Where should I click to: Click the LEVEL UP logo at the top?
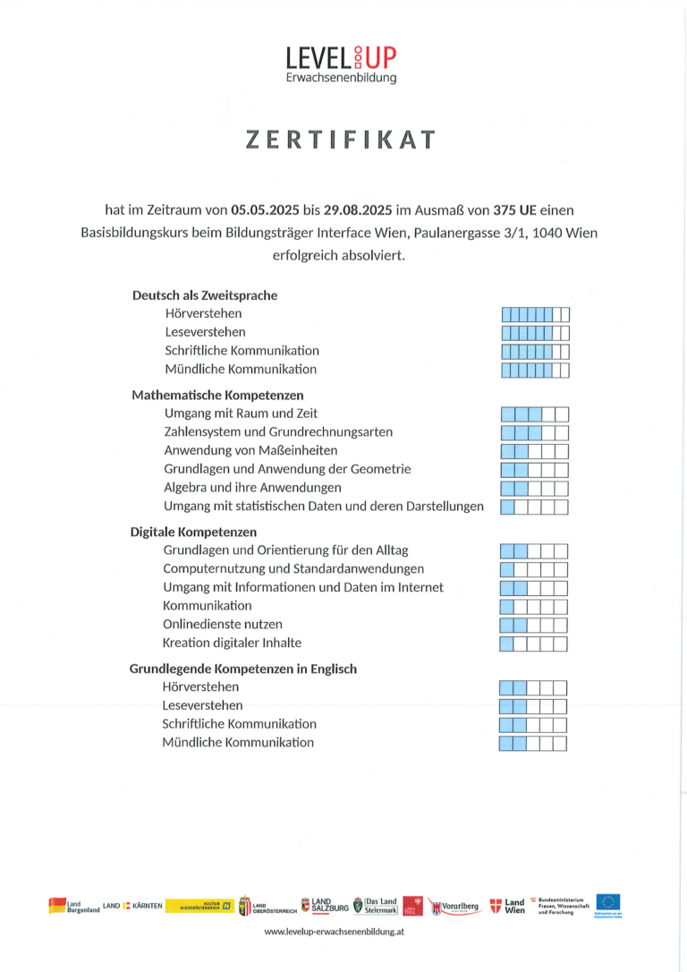point(341,64)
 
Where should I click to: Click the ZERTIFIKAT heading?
point(342,141)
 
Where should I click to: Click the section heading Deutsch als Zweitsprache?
point(205,295)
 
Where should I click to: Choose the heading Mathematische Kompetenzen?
point(217,395)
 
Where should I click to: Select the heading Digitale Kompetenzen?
point(193,532)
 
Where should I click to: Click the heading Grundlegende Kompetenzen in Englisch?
point(243,669)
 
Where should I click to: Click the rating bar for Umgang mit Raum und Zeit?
point(534,414)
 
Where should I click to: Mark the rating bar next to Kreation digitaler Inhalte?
point(533,644)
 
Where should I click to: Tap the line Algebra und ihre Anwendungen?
point(252,488)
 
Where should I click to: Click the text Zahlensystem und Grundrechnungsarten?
point(278,432)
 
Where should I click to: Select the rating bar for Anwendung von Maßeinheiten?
point(534,451)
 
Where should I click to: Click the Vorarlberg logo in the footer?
point(454,906)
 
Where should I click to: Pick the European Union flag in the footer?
point(608,902)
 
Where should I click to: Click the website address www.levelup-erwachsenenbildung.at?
point(335,932)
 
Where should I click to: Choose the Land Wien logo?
point(507,906)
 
